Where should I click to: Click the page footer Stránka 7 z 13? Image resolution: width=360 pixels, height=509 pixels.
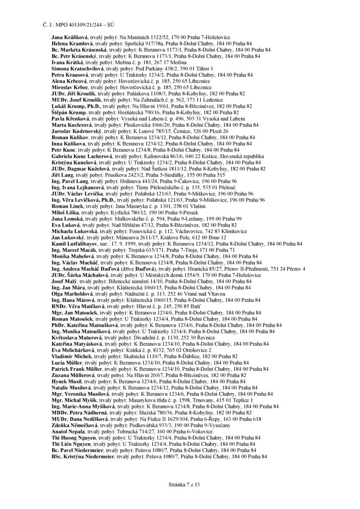[180, 484]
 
